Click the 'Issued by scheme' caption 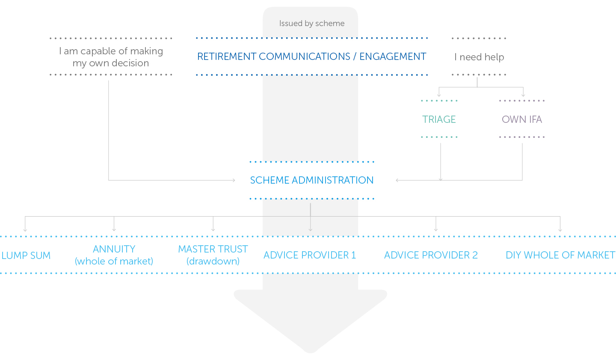(312, 24)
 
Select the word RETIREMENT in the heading (227, 57)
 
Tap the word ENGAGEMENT (393, 57)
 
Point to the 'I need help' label (479, 57)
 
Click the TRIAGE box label (439, 119)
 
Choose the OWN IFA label (522, 119)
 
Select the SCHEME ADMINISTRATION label (311, 180)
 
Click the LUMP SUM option (26, 256)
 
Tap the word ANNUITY (114, 249)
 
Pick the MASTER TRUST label (213, 249)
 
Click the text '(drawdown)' (213, 261)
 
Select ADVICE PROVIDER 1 (310, 255)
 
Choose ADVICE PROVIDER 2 (431, 255)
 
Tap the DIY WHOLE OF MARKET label (560, 255)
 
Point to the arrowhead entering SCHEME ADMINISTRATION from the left (234, 180)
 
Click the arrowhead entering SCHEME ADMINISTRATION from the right (397, 180)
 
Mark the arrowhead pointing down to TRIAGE (439, 95)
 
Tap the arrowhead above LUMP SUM (25, 230)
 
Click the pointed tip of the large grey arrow (311, 353)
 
